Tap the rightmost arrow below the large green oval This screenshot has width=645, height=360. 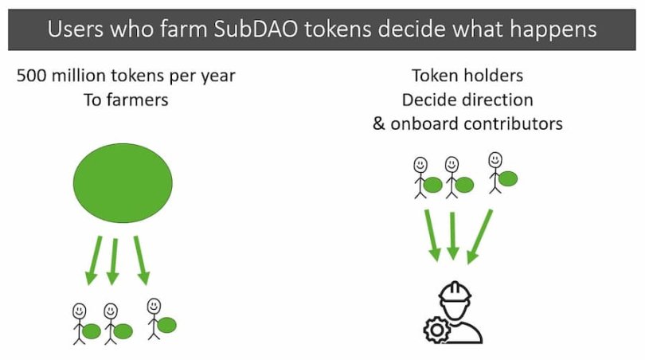[x=140, y=260]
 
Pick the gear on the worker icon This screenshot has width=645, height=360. [x=436, y=328]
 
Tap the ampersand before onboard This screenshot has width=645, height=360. [x=379, y=124]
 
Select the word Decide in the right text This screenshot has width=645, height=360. [x=429, y=100]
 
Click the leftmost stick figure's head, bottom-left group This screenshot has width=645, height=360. [x=80, y=309]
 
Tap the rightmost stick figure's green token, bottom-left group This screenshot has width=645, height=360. [x=166, y=325]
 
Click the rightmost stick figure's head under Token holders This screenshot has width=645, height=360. [x=496, y=159]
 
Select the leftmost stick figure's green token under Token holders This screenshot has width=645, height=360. [x=433, y=185]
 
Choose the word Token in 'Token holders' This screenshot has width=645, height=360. [x=433, y=76]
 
